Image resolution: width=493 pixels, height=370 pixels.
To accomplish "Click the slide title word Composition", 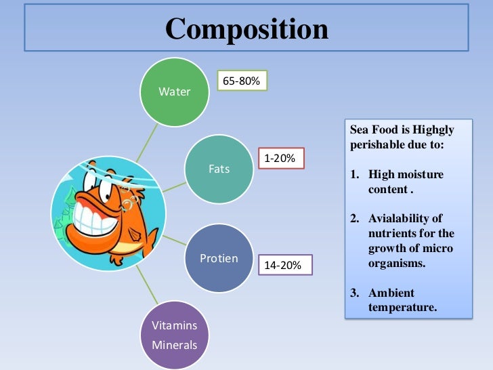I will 246,28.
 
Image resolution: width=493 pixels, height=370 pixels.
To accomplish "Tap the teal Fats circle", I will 219,169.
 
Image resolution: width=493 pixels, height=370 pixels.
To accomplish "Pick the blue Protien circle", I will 219,258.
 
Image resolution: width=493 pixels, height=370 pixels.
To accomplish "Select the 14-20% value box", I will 284,265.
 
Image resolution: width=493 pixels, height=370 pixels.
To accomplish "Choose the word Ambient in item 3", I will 391,293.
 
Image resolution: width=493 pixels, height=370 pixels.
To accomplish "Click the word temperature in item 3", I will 402,308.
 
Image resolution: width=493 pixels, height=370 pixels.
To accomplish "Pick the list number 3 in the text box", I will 354,293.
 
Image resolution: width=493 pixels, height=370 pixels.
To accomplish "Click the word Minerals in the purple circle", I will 174,345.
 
